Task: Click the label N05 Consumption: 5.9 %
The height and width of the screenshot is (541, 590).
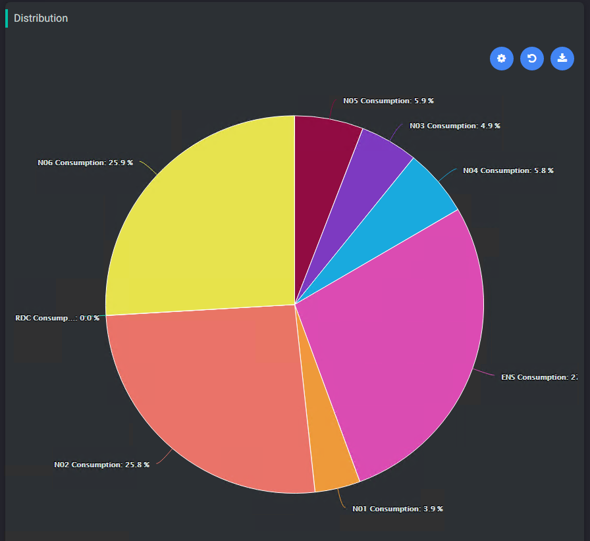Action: [389, 101]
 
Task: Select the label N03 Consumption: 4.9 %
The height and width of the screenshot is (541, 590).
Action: [454, 126]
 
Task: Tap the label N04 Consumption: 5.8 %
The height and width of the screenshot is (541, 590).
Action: [508, 170]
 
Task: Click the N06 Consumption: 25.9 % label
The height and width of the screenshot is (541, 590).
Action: [85, 163]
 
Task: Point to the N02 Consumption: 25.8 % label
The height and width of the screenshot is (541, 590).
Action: [101, 465]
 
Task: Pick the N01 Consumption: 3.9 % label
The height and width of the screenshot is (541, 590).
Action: [397, 509]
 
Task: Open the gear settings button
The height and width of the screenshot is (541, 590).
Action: [501, 59]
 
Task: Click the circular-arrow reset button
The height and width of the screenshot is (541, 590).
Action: [531, 59]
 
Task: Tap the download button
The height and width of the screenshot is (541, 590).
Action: [562, 59]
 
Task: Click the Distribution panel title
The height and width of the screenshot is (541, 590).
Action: [41, 18]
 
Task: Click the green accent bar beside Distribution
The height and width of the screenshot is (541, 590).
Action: [7, 18]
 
